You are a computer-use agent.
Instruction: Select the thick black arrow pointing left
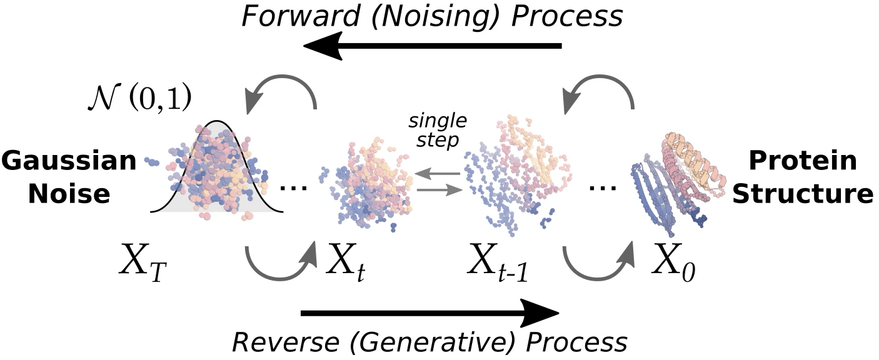431,47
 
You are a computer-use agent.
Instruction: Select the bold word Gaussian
69,161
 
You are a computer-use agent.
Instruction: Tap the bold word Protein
803,161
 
